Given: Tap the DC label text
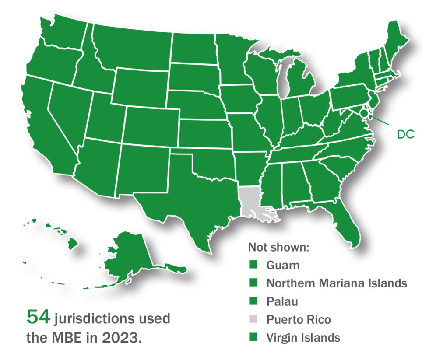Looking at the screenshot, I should pyautogui.click(x=405, y=135).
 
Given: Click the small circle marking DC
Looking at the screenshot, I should pyautogui.click(x=364, y=113).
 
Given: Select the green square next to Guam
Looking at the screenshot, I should pyautogui.click(x=253, y=265).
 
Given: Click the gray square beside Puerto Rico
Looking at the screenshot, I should pyautogui.click(x=253, y=319).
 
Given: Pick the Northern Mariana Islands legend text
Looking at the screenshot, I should pyautogui.click(x=337, y=283).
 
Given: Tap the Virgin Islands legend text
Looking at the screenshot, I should pyautogui.click(x=303, y=337).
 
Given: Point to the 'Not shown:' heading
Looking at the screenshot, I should pyautogui.click(x=279, y=247).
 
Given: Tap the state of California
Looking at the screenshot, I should pyautogui.click(x=42, y=127).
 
